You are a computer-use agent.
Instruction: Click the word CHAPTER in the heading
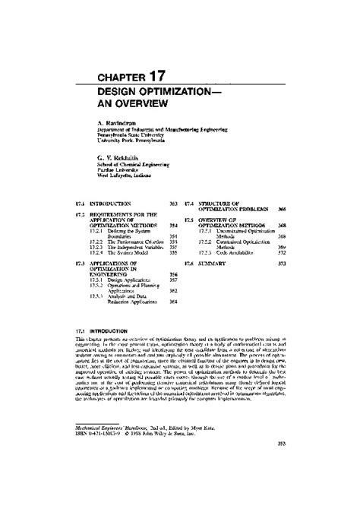tap(115, 77)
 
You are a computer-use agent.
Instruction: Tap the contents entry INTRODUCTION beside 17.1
tap(112, 205)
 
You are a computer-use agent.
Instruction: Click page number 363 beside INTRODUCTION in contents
tap(173, 205)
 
